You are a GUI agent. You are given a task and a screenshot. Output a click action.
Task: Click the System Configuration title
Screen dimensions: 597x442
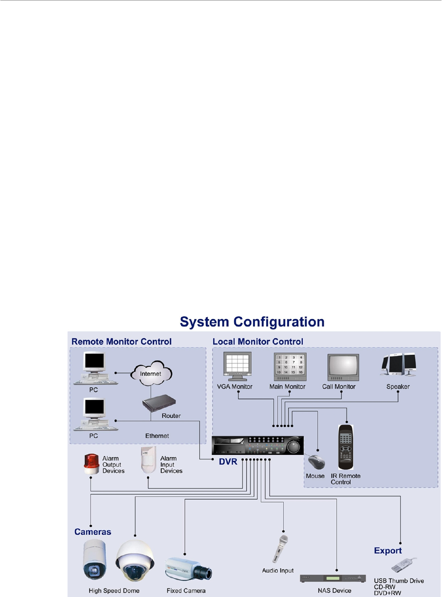pos(252,322)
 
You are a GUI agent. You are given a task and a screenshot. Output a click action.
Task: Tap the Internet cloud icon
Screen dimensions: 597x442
pos(151,373)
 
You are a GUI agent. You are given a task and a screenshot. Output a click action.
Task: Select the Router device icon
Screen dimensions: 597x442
pos(159,403)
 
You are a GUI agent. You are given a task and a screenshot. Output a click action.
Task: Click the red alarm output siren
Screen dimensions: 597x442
pos(91,464)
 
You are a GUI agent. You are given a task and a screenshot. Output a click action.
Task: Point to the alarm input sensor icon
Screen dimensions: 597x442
pos(148,460)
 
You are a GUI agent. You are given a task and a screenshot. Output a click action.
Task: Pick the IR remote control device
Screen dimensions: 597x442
pos(346,447)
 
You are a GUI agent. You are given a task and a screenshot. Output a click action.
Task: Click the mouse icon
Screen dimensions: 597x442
pos(316,462)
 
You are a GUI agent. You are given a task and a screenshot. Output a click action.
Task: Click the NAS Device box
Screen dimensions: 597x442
pos(333,578)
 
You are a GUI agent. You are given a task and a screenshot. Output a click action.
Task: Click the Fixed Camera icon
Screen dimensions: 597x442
pos(188,568)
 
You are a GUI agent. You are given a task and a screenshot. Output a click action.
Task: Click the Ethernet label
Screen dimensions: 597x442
pos(157,436)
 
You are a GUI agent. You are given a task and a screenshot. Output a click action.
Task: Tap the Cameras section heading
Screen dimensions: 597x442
pos(92,532)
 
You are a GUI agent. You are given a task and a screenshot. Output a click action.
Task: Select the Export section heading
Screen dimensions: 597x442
pos(388,550)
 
